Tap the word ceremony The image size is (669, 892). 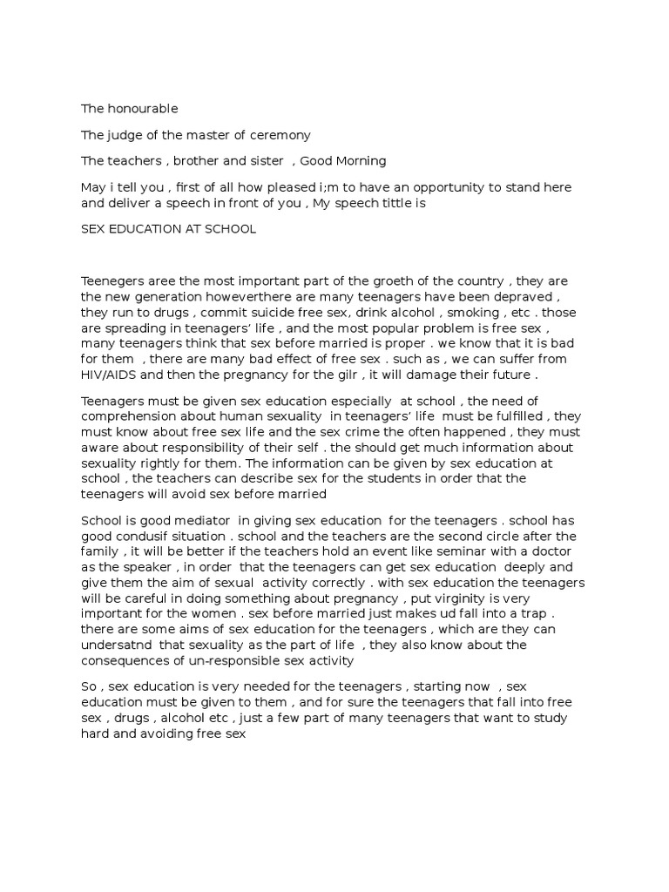280,135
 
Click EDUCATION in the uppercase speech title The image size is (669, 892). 147,229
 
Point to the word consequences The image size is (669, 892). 121,661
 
